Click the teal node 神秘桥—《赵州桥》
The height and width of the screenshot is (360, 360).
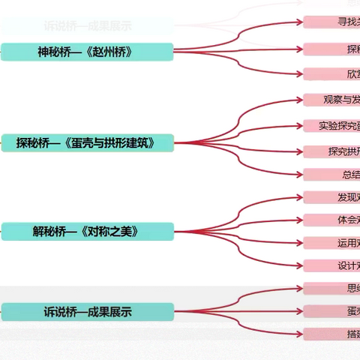click(87, 52)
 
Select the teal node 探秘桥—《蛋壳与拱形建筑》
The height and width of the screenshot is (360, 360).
click(87, 142)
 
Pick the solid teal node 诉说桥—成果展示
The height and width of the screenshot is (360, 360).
click(87, 312)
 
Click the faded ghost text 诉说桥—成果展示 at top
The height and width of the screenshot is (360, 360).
click(87, 25)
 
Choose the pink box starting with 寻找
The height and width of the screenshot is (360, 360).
click(331, 21)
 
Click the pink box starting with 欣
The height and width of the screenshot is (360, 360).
click(331, 73)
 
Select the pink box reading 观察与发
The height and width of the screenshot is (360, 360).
click(331, 100)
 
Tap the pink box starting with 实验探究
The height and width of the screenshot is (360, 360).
click(331, 125)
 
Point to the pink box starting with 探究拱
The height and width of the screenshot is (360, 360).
click(331, 151)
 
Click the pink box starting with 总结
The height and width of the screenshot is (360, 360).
click(331, 175)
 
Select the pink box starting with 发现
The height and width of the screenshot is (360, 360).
click(331, 197)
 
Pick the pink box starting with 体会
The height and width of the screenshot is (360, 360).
click(331, 220)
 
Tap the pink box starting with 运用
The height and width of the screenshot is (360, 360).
click(331, 243)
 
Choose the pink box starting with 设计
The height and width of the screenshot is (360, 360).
click(331, 265)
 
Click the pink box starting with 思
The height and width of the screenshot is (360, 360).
click(331, 288)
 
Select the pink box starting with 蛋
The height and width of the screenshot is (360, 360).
click(331, 310)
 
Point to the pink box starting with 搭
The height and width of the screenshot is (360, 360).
click(331, 333)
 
